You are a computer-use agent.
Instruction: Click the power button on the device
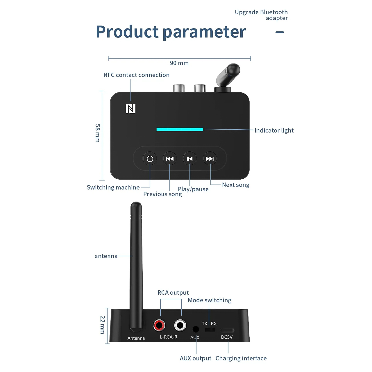click(150, 159)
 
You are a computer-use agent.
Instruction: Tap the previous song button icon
click(170, 159)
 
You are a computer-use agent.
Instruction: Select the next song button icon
click(210, 159)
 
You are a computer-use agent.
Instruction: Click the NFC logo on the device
click(130, 108)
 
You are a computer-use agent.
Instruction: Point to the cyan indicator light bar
click(180, 129)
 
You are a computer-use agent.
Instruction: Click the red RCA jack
click(159, 325)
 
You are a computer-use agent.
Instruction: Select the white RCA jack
click(180, 325)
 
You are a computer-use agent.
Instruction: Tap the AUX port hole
click(196, 329)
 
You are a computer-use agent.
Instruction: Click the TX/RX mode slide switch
click(210, 329)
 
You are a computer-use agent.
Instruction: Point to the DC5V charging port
click(227, 330)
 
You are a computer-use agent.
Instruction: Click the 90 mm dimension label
click(179, 63)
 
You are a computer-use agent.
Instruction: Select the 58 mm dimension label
click(98, 133)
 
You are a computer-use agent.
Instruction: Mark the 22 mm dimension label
click(103, 325)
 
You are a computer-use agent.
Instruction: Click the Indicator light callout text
click(274, 130)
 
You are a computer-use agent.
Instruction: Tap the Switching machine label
click(113, 187)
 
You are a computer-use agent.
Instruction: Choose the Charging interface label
click(241, 358)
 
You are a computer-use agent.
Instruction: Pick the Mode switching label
click(210, 300)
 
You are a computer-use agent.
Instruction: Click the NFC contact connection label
click(137, 75)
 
